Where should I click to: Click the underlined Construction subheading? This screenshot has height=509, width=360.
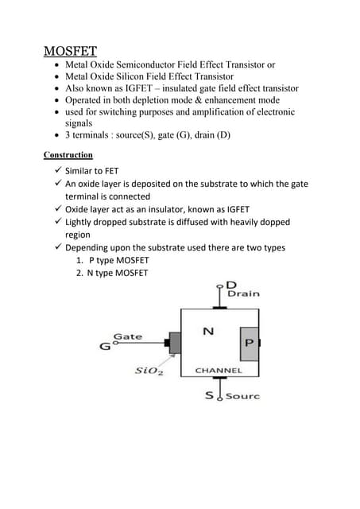[68, 154]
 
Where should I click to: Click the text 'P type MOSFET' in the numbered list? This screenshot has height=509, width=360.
[118, 261]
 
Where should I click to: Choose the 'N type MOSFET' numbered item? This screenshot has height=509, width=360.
[118, 274]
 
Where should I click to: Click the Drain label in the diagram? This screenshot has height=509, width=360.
[243, 294]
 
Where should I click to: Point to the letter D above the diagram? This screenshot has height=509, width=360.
[231, 285]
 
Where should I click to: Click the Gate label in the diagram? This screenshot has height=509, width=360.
[128, 336]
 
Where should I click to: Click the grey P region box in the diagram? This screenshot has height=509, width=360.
[248, 343]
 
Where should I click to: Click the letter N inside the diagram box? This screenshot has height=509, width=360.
[207, 331]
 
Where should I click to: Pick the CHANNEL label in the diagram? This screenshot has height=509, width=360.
[218, 371]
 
